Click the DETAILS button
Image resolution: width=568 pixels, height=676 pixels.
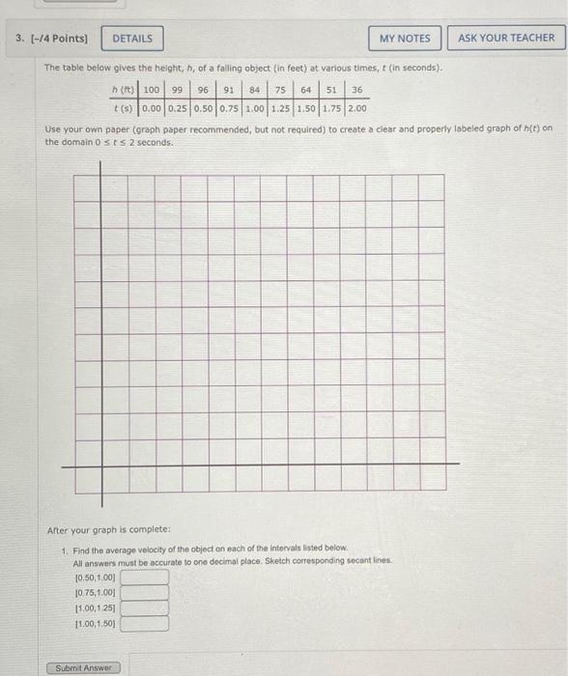click(x=132, y=39)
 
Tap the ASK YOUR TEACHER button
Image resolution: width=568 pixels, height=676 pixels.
click(x=506, y=39)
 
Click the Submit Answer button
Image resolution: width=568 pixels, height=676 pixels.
click(x=83, y=667)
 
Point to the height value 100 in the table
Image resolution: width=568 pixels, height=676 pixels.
click(x=152, y=90)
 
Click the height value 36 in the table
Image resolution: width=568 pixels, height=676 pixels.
click(x=356, y=90)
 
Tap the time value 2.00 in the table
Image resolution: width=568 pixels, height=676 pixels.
click(x=357, y=107)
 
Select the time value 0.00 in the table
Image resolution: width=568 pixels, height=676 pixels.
click(x=152, y=107)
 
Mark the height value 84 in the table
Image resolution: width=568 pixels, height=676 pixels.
click(x=255, y=90)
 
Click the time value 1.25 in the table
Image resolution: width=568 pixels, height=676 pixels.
click(x=281, y=107)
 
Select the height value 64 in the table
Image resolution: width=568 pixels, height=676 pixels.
click(x=306, y=90)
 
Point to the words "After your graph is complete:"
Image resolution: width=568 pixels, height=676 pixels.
click(x=95, y=531)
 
